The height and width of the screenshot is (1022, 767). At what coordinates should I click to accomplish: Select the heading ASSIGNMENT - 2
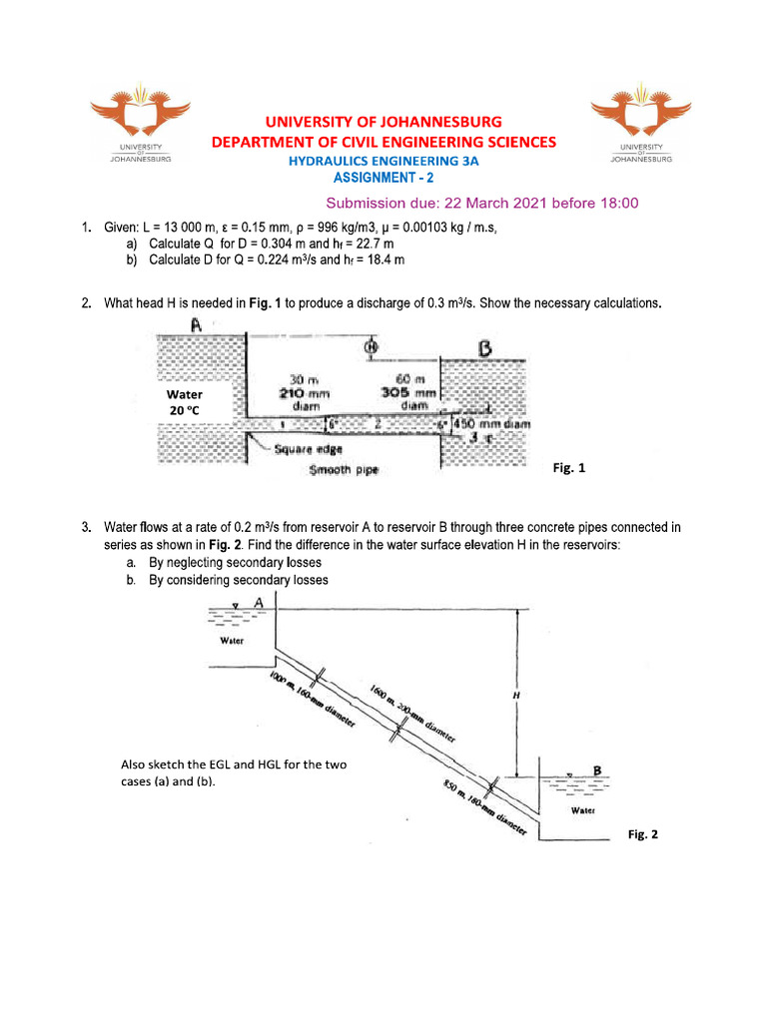383,178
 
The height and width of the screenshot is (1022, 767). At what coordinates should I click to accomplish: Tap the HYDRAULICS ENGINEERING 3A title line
383,161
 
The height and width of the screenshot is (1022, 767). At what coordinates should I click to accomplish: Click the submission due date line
482,203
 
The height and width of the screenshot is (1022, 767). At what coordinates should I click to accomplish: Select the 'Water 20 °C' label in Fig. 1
185,402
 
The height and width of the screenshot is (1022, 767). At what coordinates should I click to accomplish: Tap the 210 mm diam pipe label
304,393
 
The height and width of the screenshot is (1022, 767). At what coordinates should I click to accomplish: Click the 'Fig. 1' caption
568,467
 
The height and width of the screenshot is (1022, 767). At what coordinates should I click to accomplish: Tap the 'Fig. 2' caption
643,833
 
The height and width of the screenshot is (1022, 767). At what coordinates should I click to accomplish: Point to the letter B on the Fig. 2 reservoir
597,769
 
